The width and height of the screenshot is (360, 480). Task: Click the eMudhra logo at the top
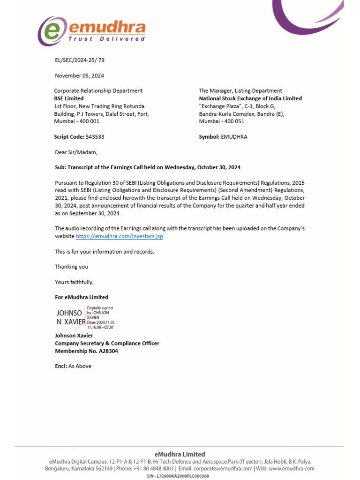point(91,31)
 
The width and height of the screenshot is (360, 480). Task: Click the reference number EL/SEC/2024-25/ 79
point(80,60)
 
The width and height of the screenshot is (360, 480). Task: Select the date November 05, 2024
point(79,75)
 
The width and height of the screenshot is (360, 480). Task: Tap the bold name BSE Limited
point(69,98)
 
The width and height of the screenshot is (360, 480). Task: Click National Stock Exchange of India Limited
point(250,98)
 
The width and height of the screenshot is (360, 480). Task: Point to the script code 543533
point(95,137)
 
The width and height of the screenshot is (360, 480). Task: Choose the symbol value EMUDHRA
point(234,137)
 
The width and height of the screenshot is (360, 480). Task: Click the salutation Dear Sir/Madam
point(76,152)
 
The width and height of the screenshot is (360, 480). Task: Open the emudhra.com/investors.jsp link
point(120,236)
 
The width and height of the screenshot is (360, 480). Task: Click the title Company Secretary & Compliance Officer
point(107,343)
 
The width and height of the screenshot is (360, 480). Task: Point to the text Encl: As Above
point(73,366)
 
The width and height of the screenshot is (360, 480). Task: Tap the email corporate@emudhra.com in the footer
point(223,468)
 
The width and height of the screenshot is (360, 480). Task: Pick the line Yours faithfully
point(74,282)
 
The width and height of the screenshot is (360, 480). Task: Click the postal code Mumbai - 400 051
point(221,121)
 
